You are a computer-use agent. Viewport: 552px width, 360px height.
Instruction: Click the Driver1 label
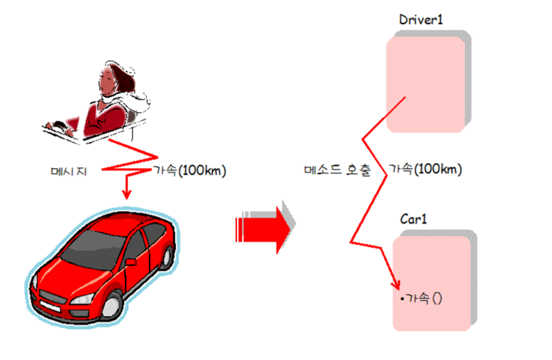[x=421, y=20]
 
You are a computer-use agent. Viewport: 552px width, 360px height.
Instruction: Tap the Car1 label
[x=413, y=219]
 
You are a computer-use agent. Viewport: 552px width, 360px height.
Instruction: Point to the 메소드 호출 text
[x=337, y=170]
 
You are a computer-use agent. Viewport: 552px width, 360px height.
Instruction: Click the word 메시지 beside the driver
[x=69, y=171]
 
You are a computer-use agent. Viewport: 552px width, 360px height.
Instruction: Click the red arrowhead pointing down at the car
[x=126, y=194]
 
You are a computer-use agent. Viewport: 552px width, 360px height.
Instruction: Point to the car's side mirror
[x=130, y=262]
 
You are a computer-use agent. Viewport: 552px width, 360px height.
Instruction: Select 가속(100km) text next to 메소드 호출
[x=425, y=170]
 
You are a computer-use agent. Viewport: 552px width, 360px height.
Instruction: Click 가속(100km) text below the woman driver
[x=189, y=171]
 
